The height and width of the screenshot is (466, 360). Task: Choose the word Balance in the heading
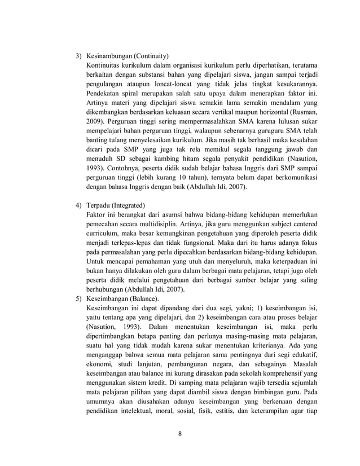click(x=145, y=298)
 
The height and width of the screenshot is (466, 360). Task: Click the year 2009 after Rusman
click(x=94, y=121)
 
